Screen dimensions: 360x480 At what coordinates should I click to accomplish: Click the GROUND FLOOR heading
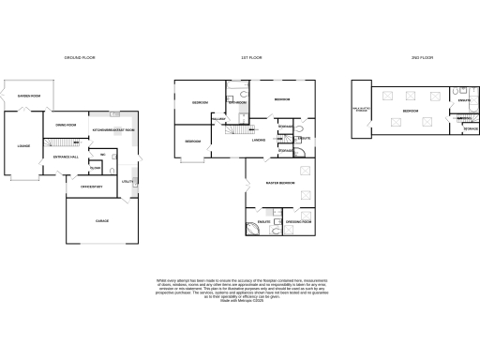tap(80, 57)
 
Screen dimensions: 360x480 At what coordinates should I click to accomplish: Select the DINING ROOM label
tap(65, 125)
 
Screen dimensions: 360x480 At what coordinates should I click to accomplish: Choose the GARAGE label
tap(102, 220)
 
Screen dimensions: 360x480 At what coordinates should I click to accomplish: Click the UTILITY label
tap(127, 181)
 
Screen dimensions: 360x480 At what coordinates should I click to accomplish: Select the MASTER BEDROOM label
tap(280, 182)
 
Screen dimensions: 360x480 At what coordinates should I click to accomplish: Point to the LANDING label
tap(259, 142)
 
